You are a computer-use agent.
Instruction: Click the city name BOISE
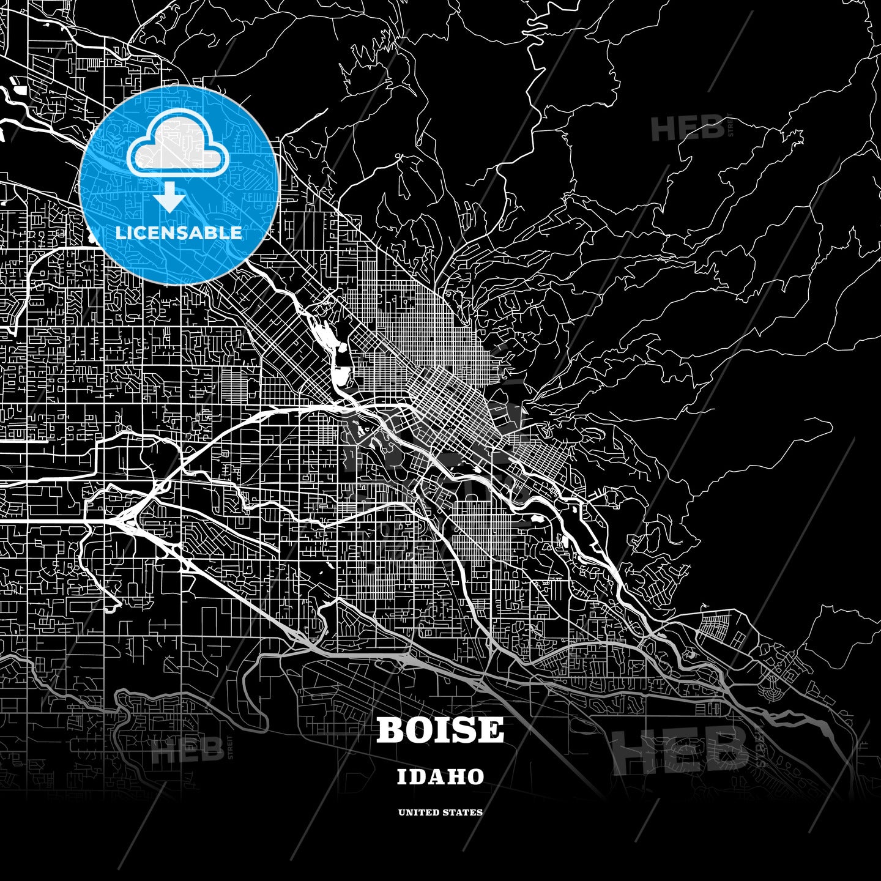(x=440, y=730)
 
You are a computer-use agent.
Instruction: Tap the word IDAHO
(x=441, y=777)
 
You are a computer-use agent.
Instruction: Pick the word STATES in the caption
(x=464, y=812)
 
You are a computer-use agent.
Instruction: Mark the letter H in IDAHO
(x=456, y=777)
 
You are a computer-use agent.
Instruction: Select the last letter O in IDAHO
(x=475, y=777)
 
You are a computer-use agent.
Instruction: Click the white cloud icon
(x=178, y=147)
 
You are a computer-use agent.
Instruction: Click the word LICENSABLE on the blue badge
(x=178, y=233)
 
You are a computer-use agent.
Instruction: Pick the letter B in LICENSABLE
(x=211, y=233)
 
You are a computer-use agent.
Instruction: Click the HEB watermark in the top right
(x=688, y=129)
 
